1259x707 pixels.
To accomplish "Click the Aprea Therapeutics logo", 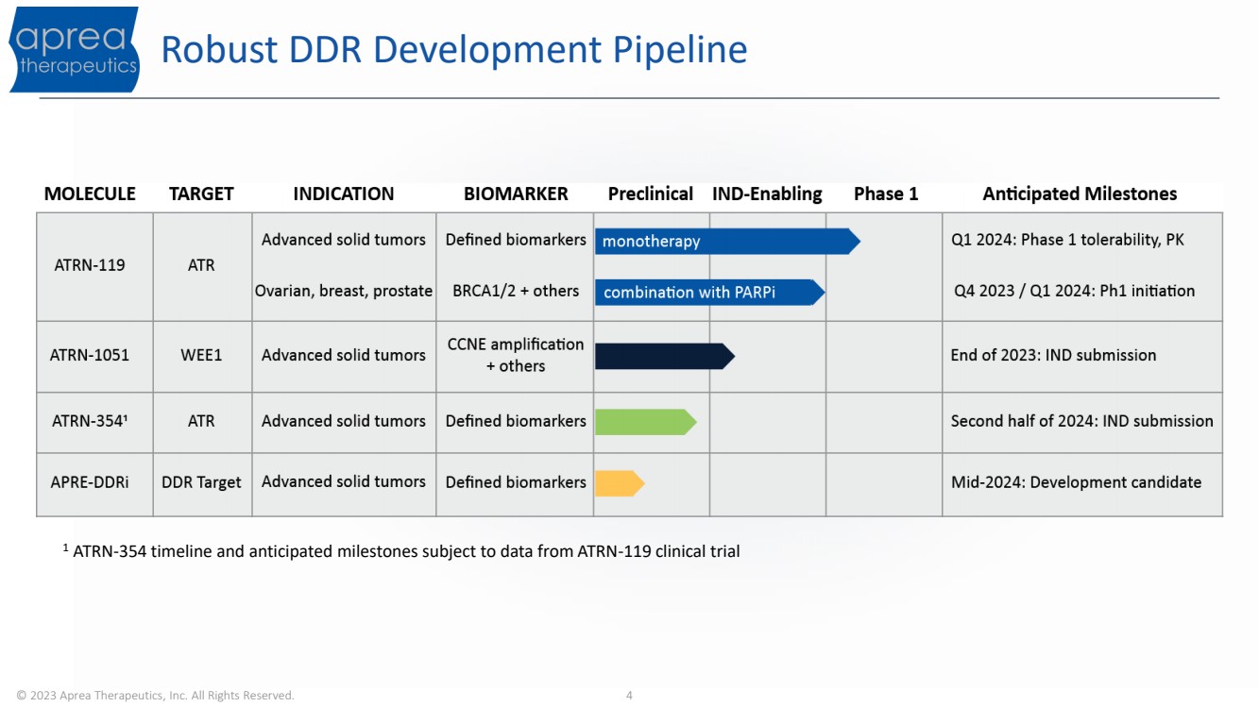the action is coord(75,49).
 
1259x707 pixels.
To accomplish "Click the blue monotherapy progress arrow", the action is coord(727,242).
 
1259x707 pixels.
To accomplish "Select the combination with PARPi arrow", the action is coord(710,292).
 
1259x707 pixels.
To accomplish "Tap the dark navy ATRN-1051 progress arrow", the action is coord(665,356).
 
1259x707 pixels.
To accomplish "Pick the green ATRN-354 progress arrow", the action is coord(646,422).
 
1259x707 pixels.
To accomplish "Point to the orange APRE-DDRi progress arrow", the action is coord(620,483).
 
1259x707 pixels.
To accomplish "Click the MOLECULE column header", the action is coord(90,194).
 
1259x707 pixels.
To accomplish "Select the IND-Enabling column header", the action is coord(767,194).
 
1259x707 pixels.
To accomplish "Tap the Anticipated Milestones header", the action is coord(1080,194).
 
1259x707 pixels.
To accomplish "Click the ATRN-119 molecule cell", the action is coord(90,265).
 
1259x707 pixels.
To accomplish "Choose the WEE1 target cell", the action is coord(201,355).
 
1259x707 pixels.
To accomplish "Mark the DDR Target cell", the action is coord(201,482).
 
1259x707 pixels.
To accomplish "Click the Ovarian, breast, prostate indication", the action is coord(344,291).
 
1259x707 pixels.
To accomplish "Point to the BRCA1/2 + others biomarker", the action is coord(516,291).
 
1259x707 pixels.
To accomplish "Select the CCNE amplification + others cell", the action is coord(516,355).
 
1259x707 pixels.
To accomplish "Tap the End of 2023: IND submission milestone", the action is coord(1053,355).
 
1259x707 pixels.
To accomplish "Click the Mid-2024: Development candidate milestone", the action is coord(1076,482).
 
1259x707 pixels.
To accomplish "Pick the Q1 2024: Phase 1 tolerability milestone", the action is coord(1067,240).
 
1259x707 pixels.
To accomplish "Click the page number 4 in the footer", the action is coord(629,696).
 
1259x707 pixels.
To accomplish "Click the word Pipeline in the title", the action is coord(680,51).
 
